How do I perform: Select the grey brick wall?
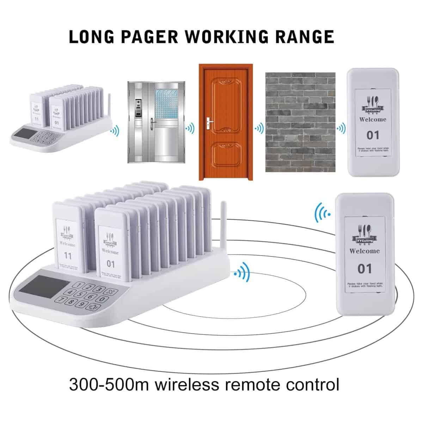click(300, 122)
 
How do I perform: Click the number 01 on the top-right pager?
click(373, 135)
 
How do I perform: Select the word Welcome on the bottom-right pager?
click(364, 251)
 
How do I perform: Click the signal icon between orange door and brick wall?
click(259, 128)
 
